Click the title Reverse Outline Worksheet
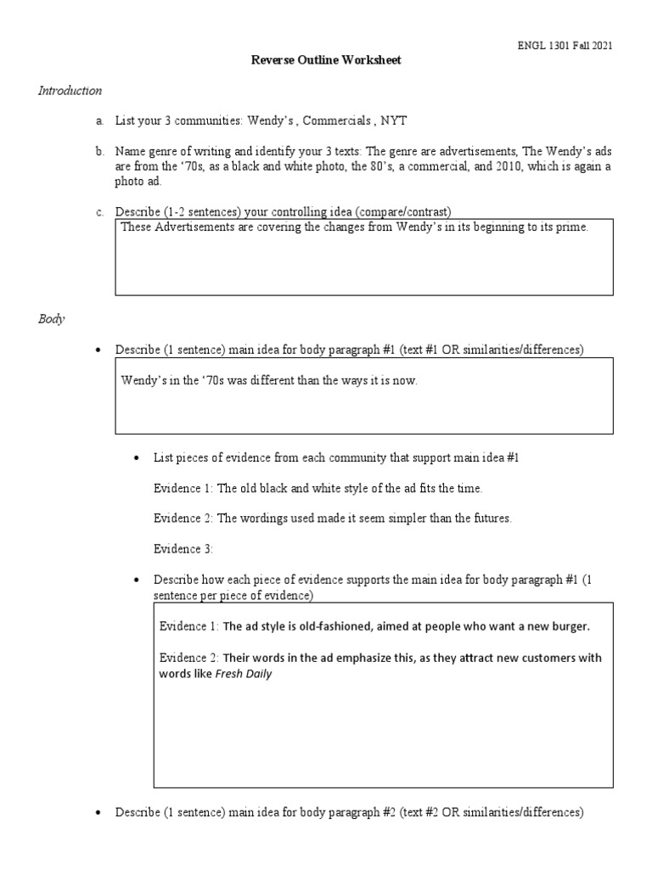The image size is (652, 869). pyautogui.click(x=326, y=60)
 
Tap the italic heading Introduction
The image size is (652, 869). pyautogui.click(x=70, y=90)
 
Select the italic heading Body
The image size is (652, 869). pyautogui.click(x=51, y=320)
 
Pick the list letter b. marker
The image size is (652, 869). pyautogui.click(x=99, y=151)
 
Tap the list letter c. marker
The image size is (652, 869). pyautogui.click(x=99, y=211)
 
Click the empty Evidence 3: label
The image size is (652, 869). pyautogui.click(x=183, y=549)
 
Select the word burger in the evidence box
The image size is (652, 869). pyautogui.click(x=569, y=626)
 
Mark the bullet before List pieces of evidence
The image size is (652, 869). pyautogui.click(x=138, y=458)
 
